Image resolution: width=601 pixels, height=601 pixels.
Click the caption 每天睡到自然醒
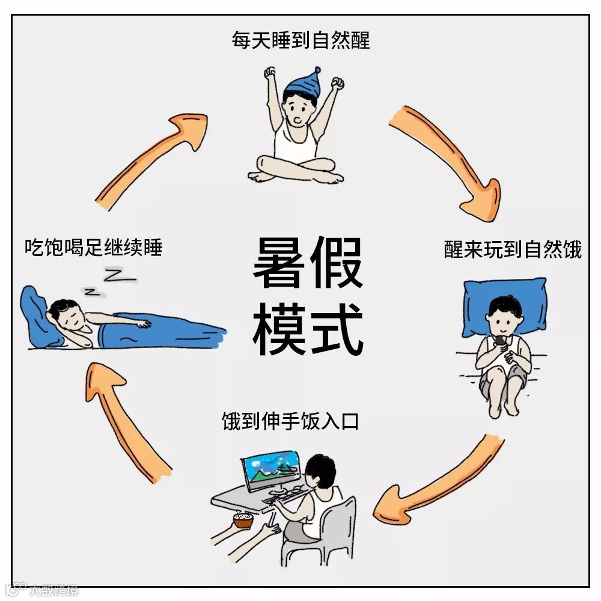click(300, 40)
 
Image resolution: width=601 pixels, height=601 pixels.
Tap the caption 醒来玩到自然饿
click(513, 249)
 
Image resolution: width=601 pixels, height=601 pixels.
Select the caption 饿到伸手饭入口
click(290, 421)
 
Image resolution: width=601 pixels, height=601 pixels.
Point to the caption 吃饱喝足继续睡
click(94, 247)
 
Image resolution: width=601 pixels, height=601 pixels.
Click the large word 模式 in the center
click(308, 328)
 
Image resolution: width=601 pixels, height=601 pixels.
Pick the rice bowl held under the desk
click(243, 520)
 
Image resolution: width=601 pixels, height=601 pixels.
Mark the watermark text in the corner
click(41, 590)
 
